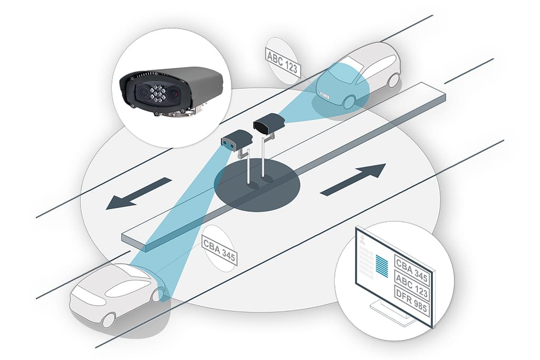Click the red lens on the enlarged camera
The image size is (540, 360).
(174, 93)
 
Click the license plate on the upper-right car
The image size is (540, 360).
(324, 96)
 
